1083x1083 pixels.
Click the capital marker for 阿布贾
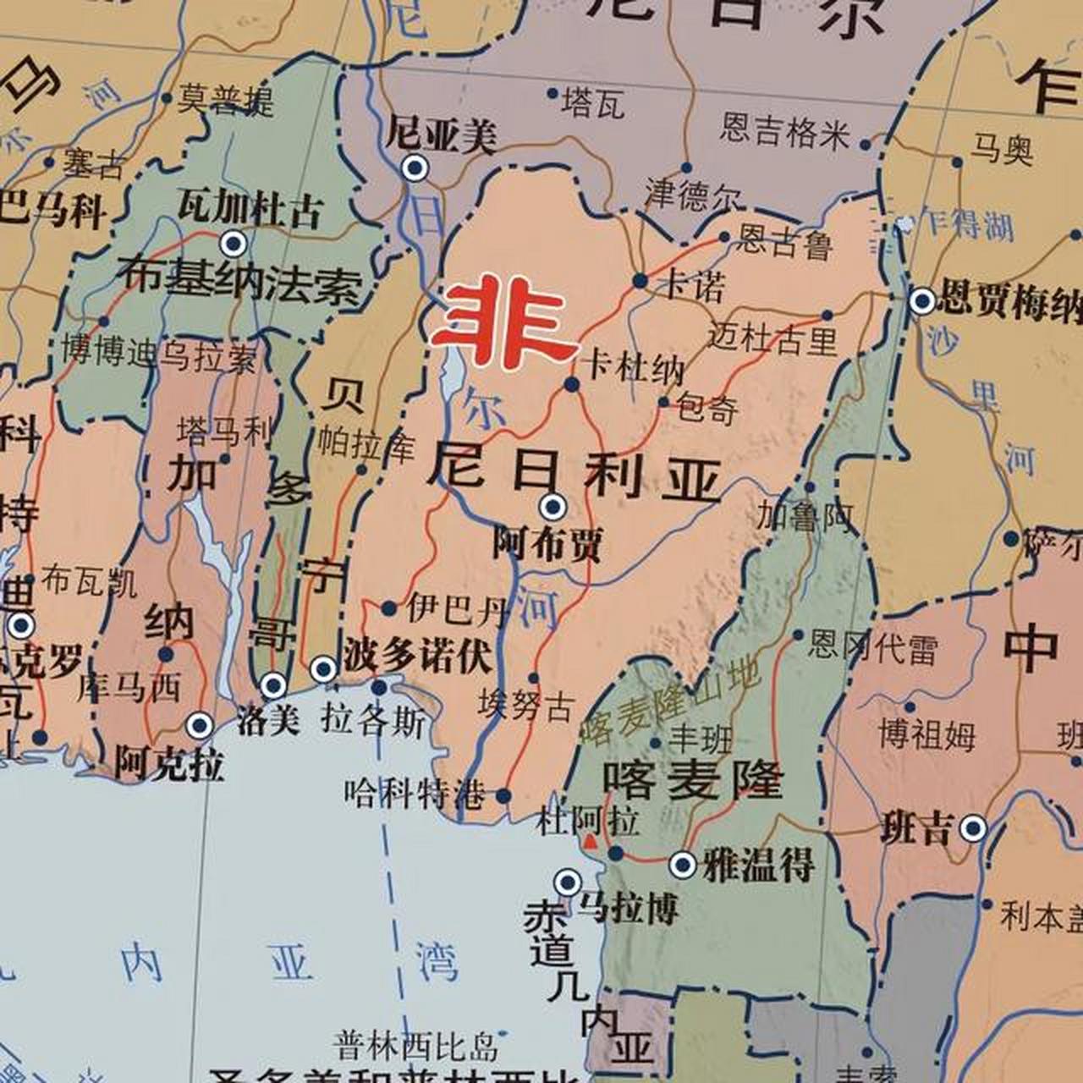click(x=553, y=507)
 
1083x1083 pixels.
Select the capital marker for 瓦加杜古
click(x=233, y=244)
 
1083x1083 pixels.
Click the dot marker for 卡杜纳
click(x=572, y=385)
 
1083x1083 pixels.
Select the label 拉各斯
click(x=373, y=721)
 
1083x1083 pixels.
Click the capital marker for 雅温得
click(x=683, y=865)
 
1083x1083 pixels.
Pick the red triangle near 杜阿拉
click(x=590, y=842)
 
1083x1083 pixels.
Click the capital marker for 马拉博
click(x=568, y=882)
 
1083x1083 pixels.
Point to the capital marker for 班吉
click(x=973, y=828)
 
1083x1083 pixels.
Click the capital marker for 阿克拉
click(x=200, y=725)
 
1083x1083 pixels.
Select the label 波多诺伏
click(x=417, y=657)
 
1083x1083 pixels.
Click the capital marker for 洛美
click(x=273, y=685)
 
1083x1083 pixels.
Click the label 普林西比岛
click(x=415, y=1046)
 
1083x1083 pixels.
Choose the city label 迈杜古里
click(x=772, y=338)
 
